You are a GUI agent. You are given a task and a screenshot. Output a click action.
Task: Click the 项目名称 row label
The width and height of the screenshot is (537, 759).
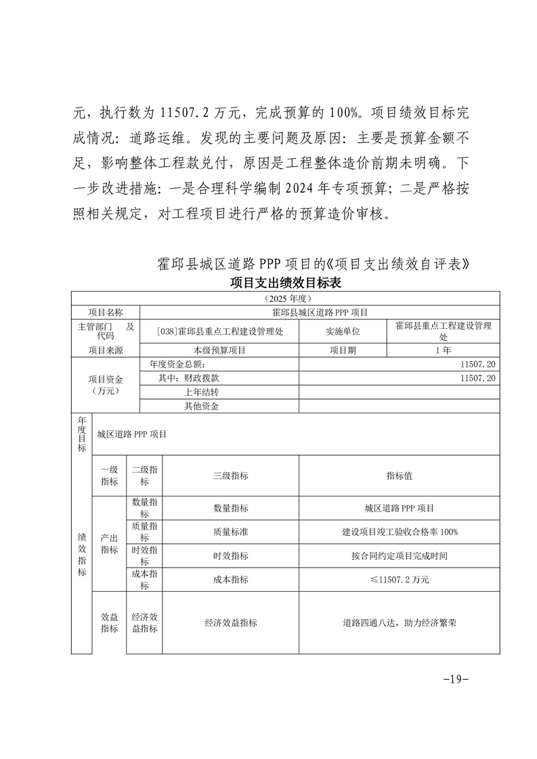[x=106, y=312]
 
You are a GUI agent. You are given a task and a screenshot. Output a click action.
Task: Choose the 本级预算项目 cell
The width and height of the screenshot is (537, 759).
[x=219, y=350]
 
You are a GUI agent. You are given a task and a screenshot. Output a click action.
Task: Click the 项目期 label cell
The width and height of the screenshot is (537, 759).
[x=343, y=350]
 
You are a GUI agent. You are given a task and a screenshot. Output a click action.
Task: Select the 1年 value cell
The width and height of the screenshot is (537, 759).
[x=443, y=350]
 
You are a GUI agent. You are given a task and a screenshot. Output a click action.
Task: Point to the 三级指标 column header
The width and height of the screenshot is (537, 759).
[x=230, y=476]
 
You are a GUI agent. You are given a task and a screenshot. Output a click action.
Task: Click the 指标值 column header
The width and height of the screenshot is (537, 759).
[x=399, y=476]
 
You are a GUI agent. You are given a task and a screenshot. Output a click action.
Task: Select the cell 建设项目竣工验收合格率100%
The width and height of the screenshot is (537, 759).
[x=399, y=532]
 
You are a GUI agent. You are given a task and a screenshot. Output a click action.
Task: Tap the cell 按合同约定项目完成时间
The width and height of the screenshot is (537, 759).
[x=399, y=555]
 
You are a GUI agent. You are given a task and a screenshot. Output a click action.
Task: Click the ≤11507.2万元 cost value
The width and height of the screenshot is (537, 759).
[x=399, y=579]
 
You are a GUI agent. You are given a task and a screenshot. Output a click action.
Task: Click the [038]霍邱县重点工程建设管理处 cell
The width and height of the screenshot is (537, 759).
[x=219, y=331]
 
